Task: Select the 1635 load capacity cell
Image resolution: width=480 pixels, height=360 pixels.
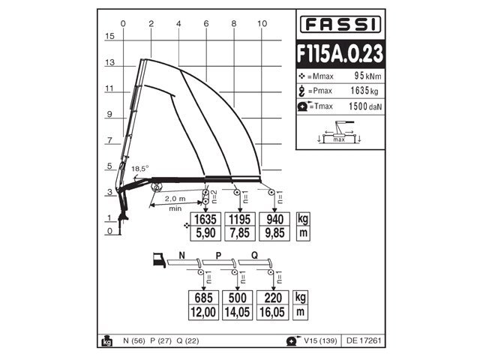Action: pos(205,220)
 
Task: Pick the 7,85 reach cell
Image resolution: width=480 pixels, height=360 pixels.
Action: pos(239,233)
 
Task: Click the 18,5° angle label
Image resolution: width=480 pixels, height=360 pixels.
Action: pos(139,168)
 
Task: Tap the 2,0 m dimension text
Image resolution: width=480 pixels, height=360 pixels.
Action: pos(175,199)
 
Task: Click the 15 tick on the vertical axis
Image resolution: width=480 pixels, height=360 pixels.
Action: pos(109,36)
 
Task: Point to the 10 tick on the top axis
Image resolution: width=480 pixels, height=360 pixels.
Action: pos(262,23)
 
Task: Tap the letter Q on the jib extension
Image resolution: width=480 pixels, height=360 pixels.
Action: pos(255,255)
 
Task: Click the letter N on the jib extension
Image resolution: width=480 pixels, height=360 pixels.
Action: pos(182,255)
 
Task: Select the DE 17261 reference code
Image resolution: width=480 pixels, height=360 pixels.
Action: pos(364,341)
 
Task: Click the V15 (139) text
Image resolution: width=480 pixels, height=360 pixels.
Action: pos(318,341)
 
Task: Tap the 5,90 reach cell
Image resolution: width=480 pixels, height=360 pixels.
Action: pos(205,233)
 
